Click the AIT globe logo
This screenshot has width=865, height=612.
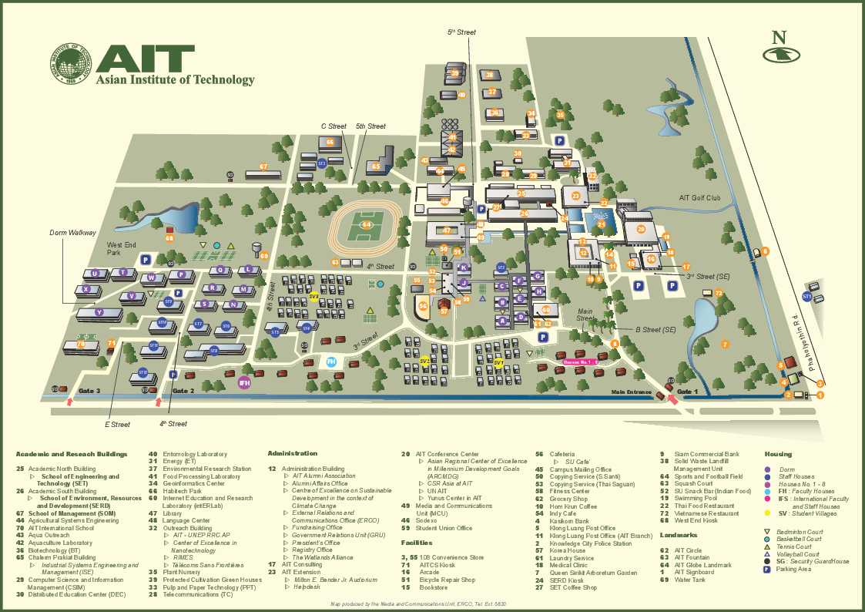click(x=72, y=63)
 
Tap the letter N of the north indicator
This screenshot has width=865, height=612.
click(x=780, y=37)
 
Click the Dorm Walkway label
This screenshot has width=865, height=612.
click(x=73, y=232)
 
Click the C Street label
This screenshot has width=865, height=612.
click(x=334, y=126)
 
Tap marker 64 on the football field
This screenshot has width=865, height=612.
click(x=367, y=225)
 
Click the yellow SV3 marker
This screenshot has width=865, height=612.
click(x=313, y=296)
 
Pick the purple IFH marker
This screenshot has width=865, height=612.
click(x=244, y=383)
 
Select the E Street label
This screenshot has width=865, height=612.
click(x=117, y=424)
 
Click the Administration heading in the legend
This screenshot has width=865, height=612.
click(x=292, y=453)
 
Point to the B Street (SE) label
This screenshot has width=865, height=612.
click(x=655, y=330)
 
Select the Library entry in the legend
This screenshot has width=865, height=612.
click(x=173, y=513)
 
